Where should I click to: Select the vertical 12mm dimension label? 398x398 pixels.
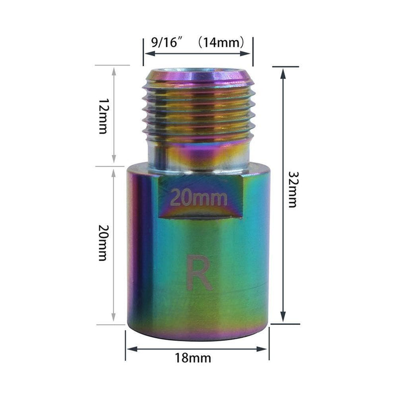(x=103, y=115)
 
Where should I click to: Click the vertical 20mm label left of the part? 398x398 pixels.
(x=103, y=243)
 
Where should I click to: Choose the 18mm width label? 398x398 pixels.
(x=197, y=358)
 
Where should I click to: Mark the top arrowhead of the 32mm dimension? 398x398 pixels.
(x=283, y=72)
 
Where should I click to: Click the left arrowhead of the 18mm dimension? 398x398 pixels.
(x=129, y=346)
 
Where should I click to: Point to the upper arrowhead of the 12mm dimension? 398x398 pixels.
(x=115, y=70)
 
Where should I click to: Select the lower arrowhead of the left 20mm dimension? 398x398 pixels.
(x=115, y=319)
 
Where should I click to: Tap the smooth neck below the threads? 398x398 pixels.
(x=199, y=154)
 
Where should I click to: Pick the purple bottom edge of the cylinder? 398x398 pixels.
(x=199, y=336)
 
